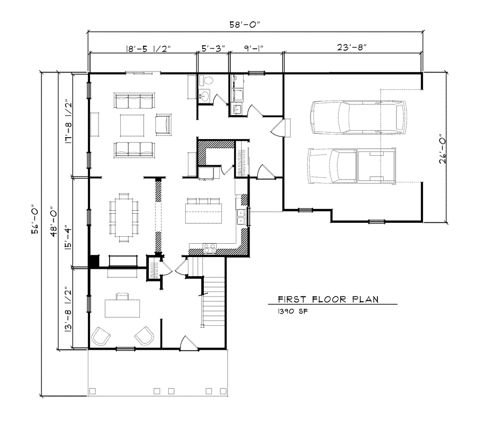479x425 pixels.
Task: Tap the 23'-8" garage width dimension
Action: tap(351, 47)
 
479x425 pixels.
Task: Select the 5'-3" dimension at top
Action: tap(213, 47)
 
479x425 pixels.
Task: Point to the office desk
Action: tap(122, 308)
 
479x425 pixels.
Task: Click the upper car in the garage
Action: tap(359, 117)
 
